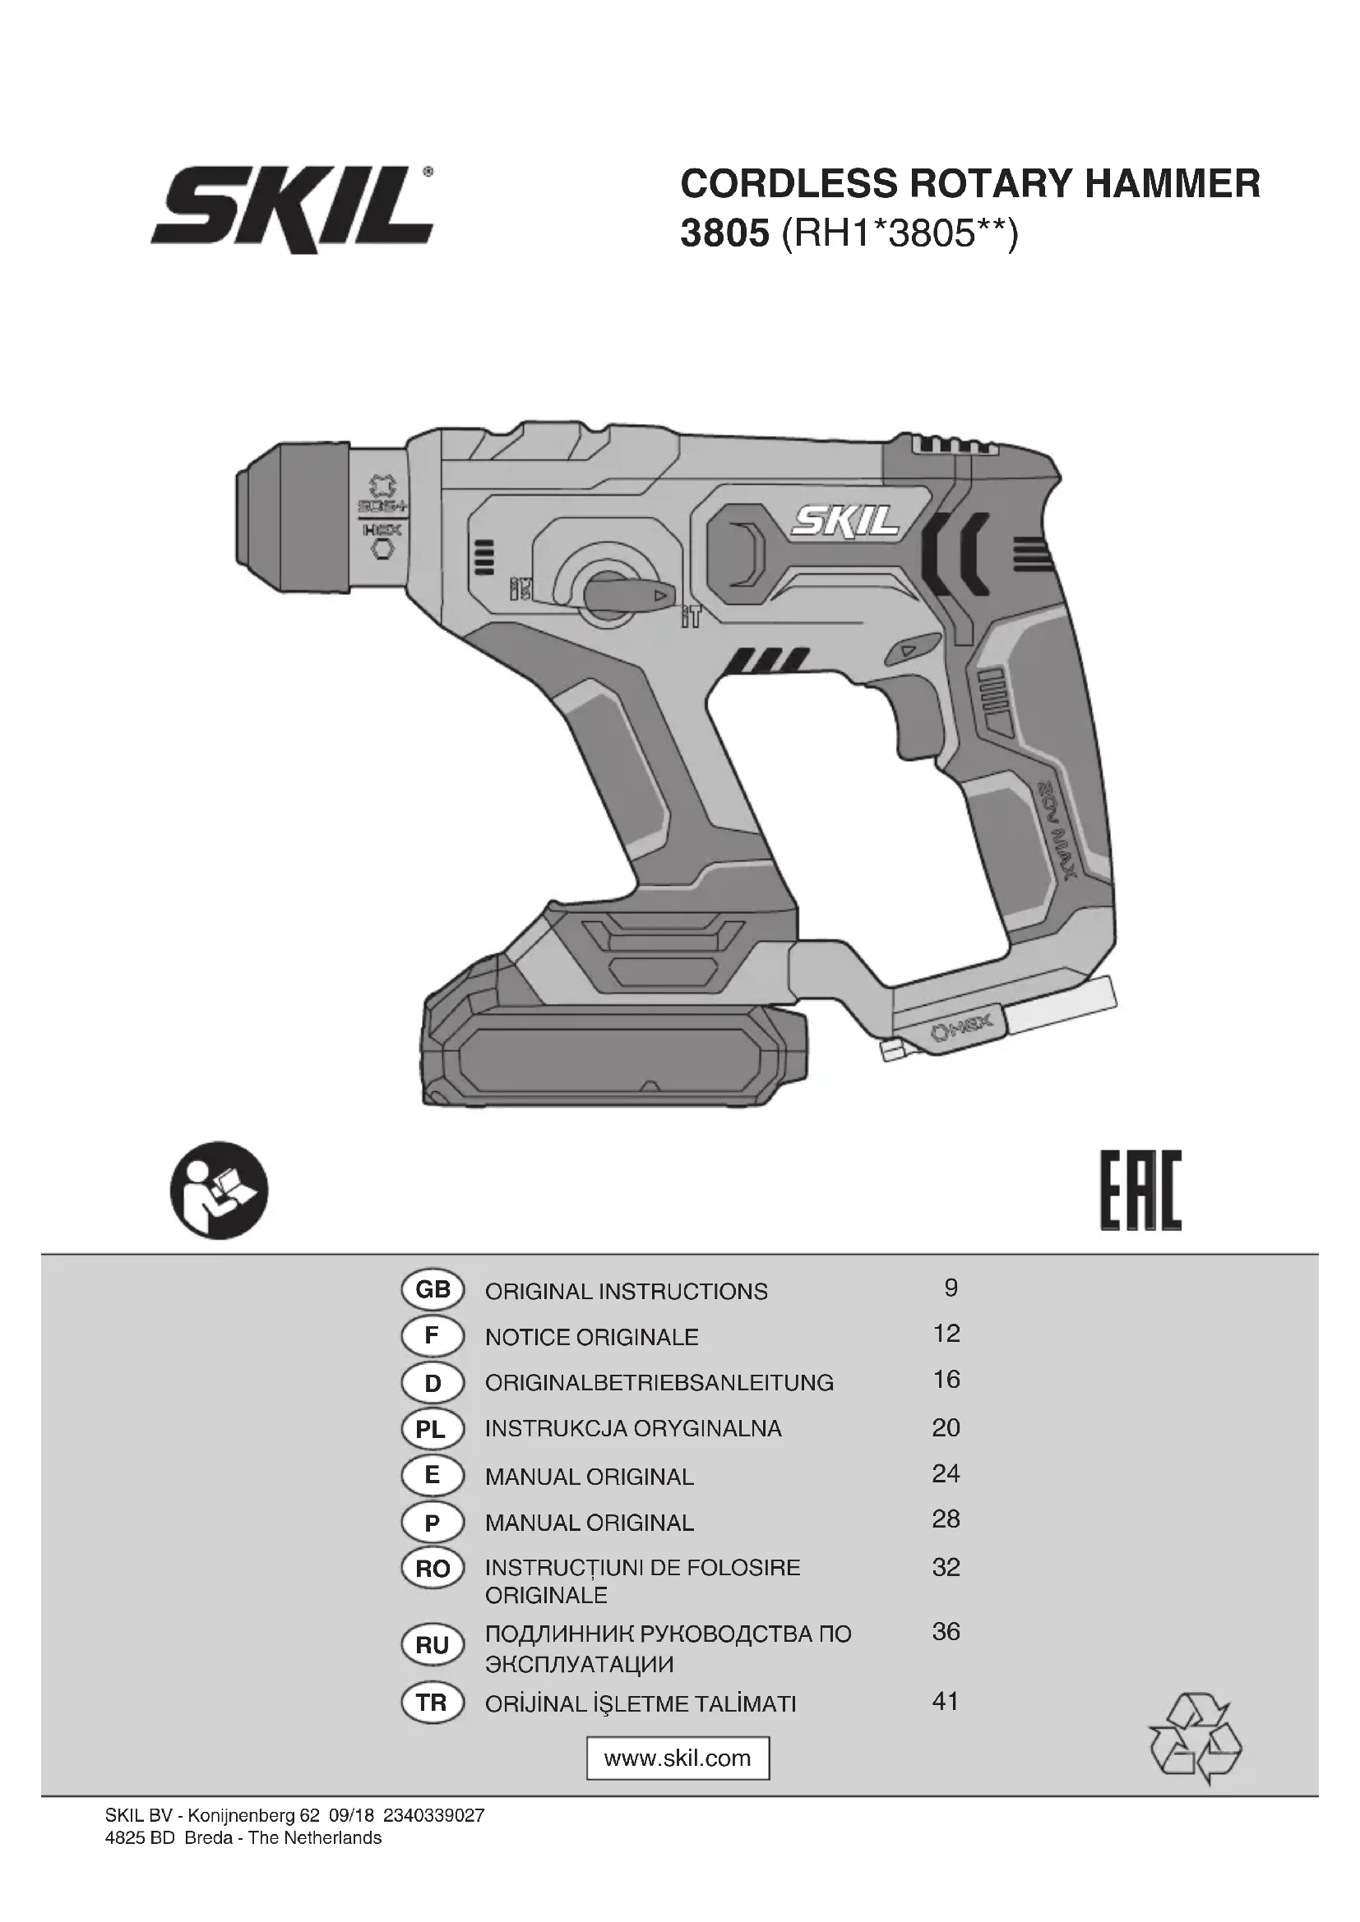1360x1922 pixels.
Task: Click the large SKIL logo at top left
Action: coord(291,210)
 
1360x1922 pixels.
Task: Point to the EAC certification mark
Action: coord(1140,1191)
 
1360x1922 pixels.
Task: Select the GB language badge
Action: coord(433,1290)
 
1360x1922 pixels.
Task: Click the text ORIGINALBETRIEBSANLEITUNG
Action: coord(659,1383)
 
